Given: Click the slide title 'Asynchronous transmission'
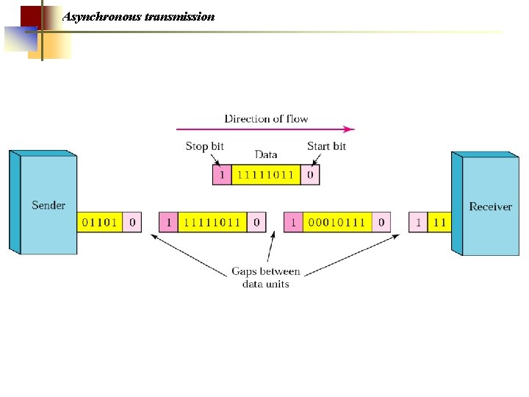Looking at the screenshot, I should coord(139,16).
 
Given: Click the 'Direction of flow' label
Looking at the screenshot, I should coord(266,118).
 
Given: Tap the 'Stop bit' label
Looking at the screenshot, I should coord(204,146).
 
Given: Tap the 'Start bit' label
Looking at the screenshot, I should coord(326,146).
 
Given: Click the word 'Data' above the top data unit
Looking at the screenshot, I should coord(265,154).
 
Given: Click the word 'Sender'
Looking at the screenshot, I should coord(48,205).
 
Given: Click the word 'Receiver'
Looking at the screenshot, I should coord(490,207).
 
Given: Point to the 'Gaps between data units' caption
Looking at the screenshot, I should coord(265,277).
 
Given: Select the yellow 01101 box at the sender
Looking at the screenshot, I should coord(100,222).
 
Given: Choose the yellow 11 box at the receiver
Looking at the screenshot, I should coord(439,222).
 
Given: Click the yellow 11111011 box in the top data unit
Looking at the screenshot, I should coord(266,175).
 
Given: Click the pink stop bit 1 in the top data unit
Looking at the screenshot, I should coord(222,175).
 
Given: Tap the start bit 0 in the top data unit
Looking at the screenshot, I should coord(311,175).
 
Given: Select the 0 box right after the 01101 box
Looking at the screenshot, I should coord(132,222).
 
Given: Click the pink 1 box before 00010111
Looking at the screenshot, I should coord(293,222).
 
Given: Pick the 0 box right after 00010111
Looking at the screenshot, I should coord(381,222).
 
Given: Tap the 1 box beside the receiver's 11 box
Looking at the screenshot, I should coord(419,222).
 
